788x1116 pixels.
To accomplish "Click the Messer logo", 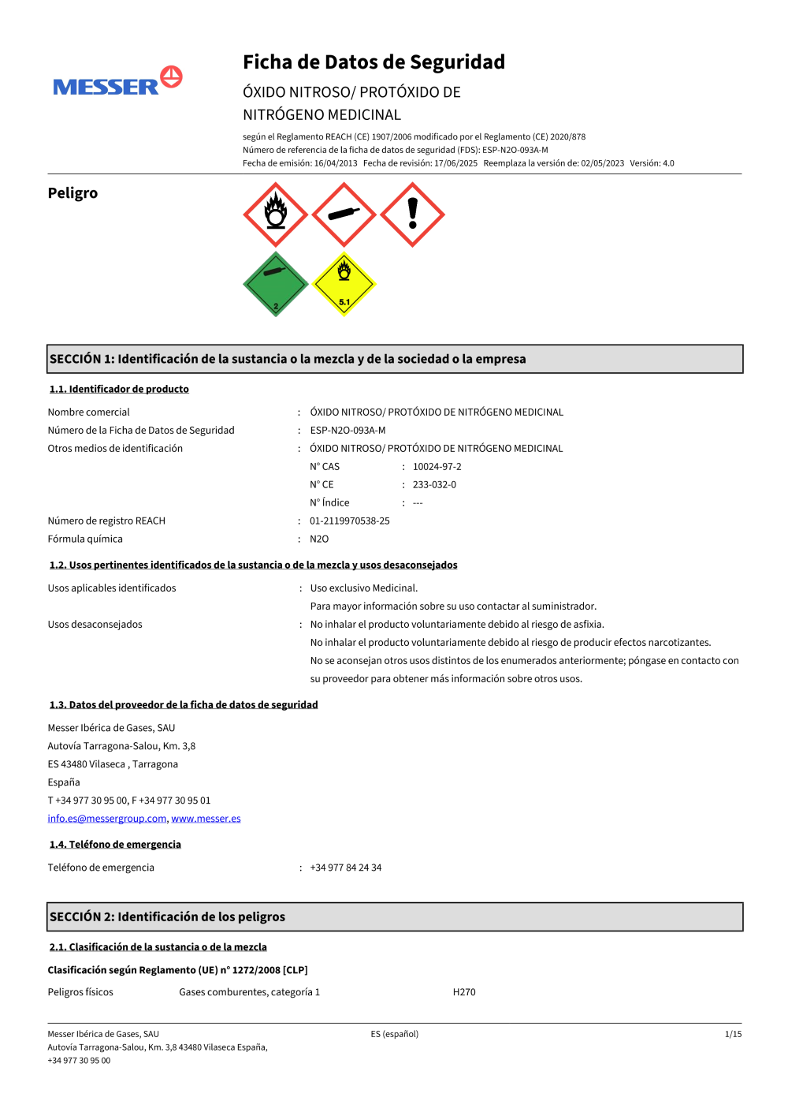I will [117, 82].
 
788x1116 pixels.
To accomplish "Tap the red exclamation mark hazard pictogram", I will [412, 215].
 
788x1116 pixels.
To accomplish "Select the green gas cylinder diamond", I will [275, 285].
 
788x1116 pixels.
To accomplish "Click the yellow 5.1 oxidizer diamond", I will [344, 284].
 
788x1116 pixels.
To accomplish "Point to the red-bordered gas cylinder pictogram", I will [344, 215].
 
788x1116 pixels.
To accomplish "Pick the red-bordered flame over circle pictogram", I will [275, 215].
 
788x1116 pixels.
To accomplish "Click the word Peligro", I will [72, 193].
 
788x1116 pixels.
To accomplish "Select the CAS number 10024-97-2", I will [437, 467].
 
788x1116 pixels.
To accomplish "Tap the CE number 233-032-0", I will [434, 485].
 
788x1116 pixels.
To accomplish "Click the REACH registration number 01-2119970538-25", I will [349, 521].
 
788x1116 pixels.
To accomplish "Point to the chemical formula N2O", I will [319, 539].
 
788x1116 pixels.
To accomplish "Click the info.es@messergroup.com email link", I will [107, 819].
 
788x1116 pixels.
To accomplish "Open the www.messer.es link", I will [206, 819].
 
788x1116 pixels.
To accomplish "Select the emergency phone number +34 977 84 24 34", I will [345, 868].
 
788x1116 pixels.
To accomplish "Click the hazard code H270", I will [464, 992].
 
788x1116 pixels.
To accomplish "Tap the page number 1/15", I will [733, 1034].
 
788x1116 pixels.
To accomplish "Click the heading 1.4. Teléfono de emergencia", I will [115, 845].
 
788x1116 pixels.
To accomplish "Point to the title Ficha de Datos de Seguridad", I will [374, 62].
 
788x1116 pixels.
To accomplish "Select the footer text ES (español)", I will [394, 1034].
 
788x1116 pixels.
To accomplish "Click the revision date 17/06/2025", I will [455, 163].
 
